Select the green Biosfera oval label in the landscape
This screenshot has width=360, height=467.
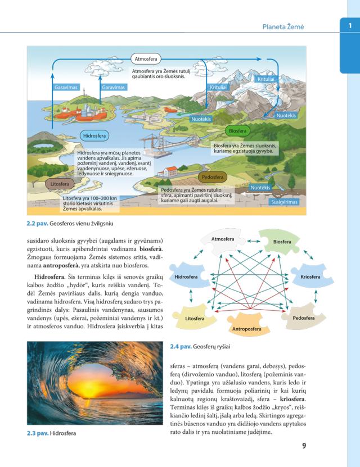237,131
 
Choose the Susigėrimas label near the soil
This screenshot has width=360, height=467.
285,202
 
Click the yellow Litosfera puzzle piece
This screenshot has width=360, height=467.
194,319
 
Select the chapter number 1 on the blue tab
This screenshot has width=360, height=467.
349,25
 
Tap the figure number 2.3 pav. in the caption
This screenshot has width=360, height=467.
37,433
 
